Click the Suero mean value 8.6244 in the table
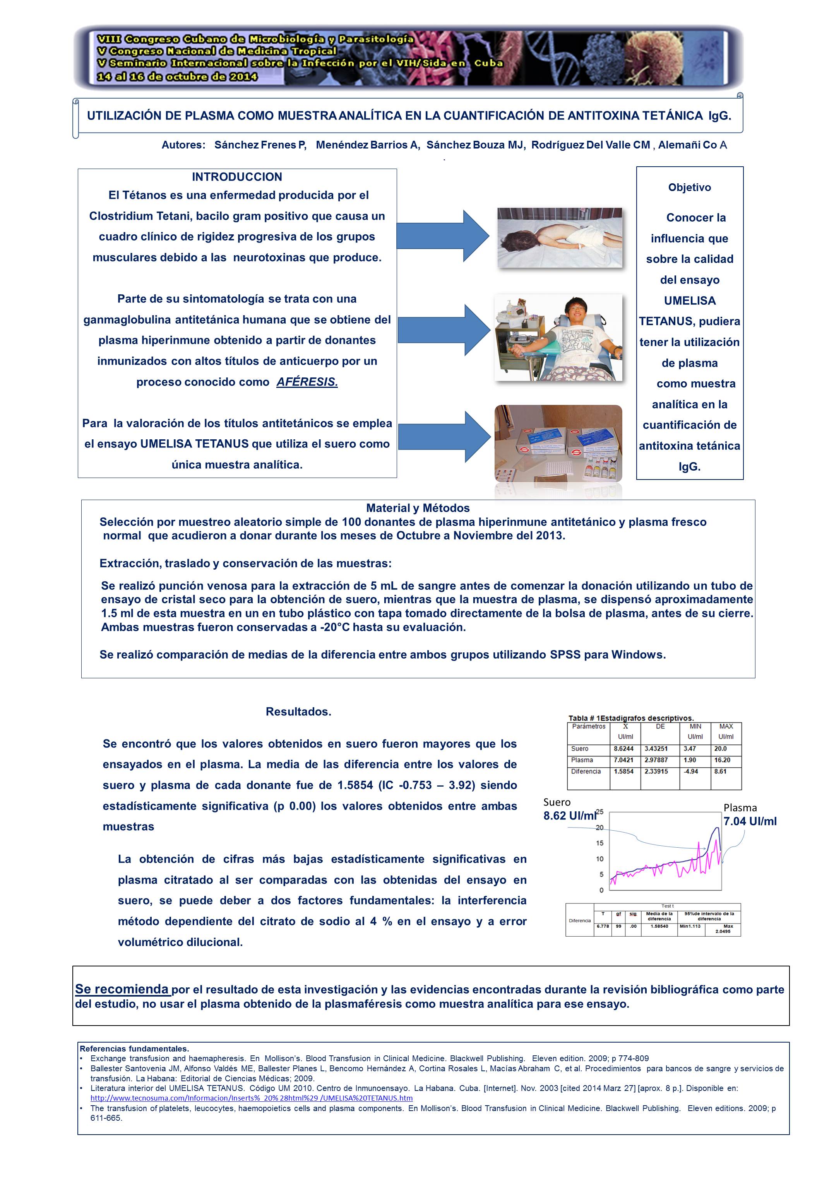(x=623, y=749)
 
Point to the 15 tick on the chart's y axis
(x=599, y=843)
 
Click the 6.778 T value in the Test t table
(x=603, y=926)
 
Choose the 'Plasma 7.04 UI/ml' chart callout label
(x=749, y=814)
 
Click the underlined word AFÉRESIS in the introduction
(x=307, y=382)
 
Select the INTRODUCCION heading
(x=237, y=177)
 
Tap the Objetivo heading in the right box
(x=689, y=187)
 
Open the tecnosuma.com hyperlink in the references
(x=251, y=1098)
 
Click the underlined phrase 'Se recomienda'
(x=122, y=989)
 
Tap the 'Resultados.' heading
(x=298, y=712)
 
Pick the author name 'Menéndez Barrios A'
(x=367, y=145)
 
